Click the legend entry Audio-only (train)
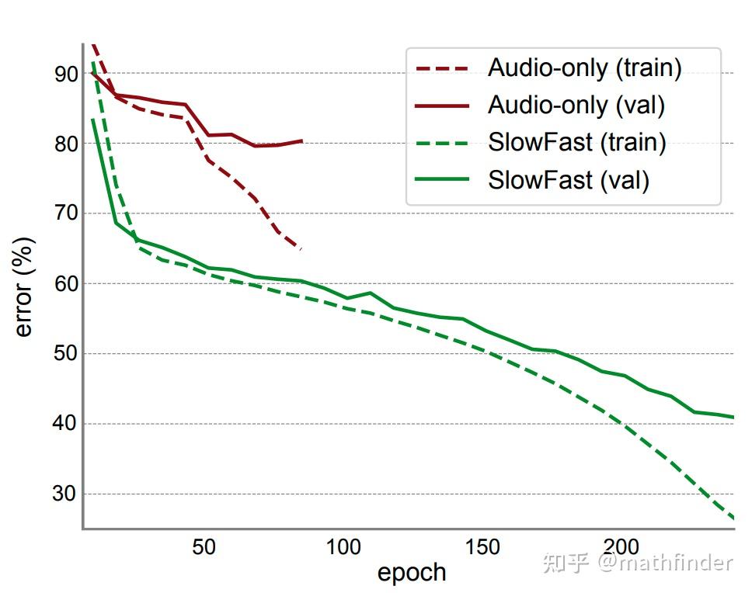584,68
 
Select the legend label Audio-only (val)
576,106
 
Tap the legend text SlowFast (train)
576,143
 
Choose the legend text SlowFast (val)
568,180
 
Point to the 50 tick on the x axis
204,547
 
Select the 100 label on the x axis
343,547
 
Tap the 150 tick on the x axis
482,547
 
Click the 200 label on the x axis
621,547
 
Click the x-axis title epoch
412,573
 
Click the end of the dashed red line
301,248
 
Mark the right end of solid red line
301,140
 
